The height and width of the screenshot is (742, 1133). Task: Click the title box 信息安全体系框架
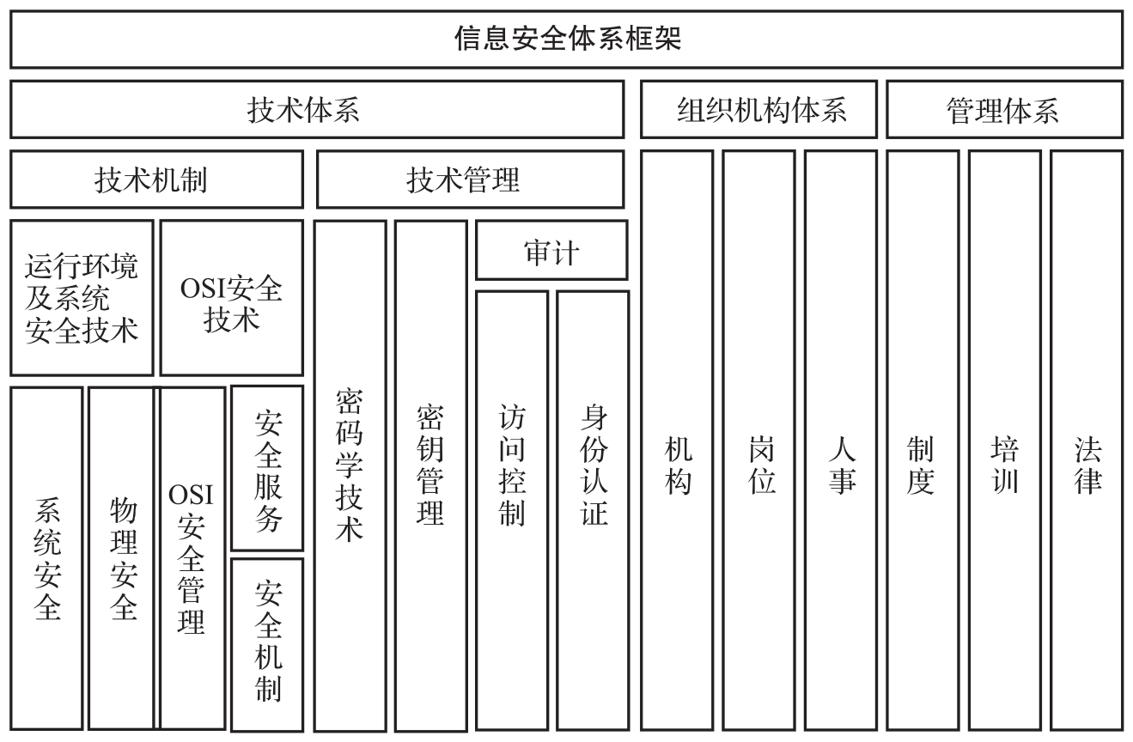566,40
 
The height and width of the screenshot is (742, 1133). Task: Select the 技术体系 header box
317,110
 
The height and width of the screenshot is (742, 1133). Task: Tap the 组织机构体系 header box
758,110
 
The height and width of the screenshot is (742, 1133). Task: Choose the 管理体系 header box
1003,110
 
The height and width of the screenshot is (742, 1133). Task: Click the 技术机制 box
156,180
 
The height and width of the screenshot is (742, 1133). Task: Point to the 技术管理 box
470,180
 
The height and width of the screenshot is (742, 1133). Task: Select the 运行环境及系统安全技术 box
82,298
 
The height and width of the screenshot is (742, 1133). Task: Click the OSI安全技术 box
232,298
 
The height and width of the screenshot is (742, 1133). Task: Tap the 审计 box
551,251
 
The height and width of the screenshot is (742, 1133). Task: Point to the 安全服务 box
267,469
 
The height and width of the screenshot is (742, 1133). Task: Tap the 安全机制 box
267,642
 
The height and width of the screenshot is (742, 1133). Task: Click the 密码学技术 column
350,475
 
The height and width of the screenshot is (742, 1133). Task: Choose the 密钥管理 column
430,475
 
